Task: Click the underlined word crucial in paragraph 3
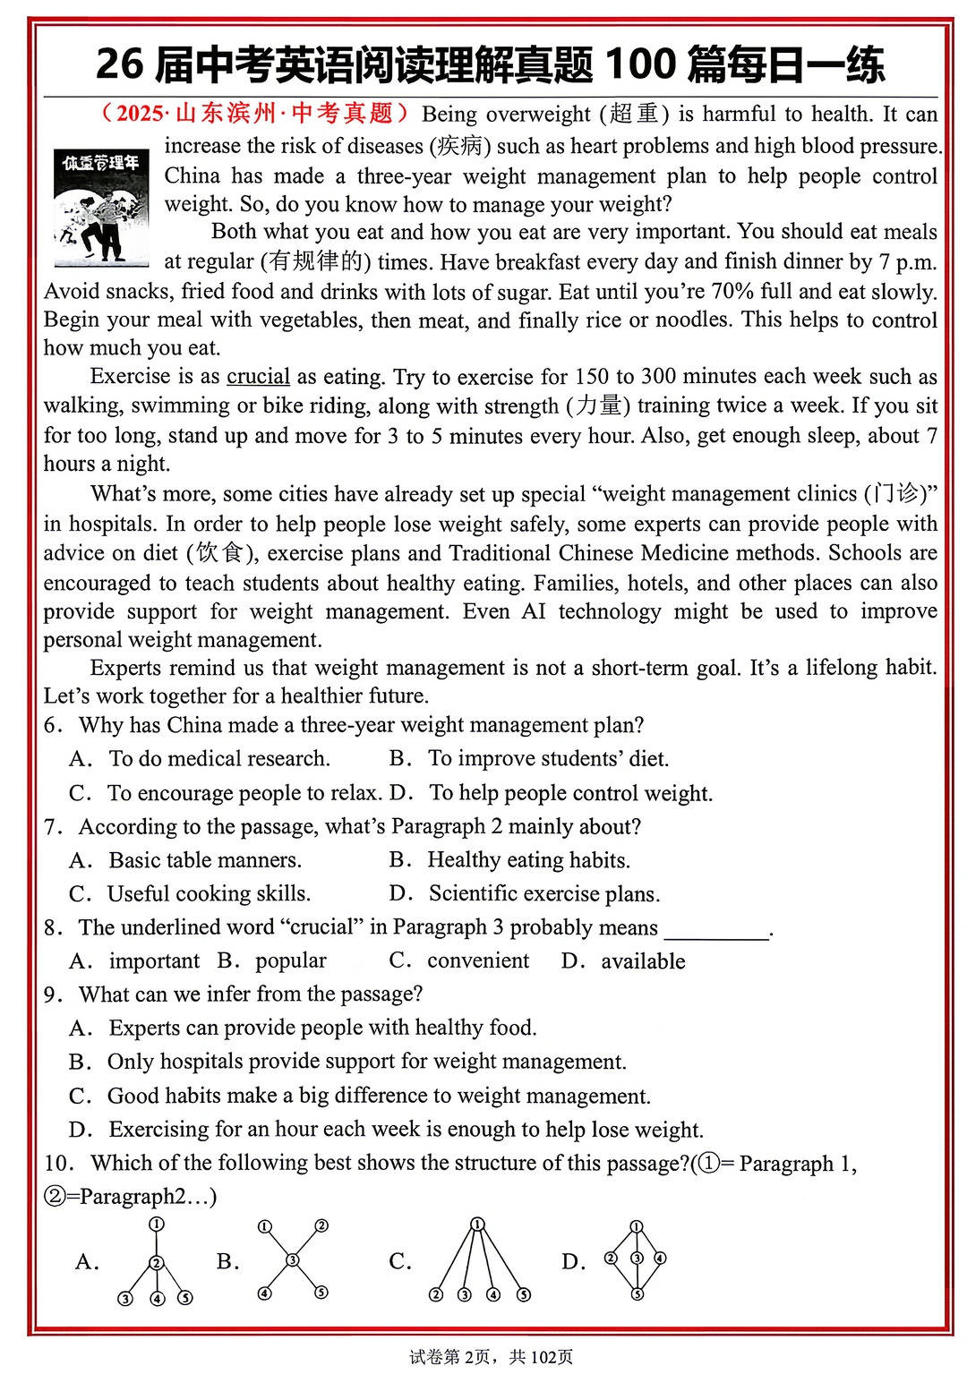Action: [x=258, y=377]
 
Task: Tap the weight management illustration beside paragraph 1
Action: [x=100, y=208]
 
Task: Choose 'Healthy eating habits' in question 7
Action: [x=528, y=860]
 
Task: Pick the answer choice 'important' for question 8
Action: [x=154, y=961]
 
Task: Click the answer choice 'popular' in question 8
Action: [x=290, y=961]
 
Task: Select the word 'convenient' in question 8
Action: [x=478, y=961]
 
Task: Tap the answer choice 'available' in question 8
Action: [x=643, y=961]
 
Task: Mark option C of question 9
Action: [x=378, y=1096]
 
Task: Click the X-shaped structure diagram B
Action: [x=293, y=1260]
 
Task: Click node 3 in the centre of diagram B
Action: [x=293, y=1260]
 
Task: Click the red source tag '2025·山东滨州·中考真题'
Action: [x=255, y=114]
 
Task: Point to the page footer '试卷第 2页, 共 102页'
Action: [x=491, y=1357]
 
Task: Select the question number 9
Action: [x=52, y=994]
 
